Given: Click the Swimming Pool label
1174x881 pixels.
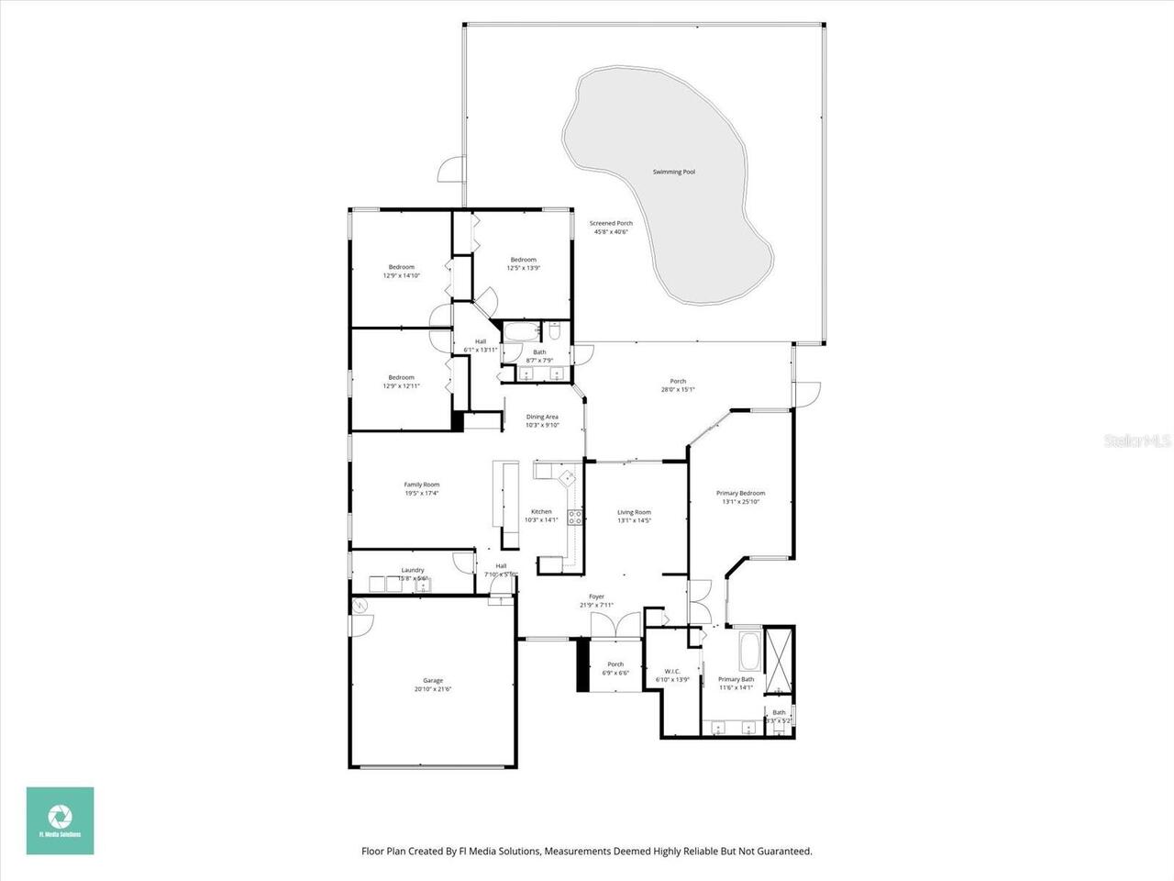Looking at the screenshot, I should point(673,172).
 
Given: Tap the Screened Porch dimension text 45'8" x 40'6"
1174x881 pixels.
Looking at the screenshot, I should point(611,232).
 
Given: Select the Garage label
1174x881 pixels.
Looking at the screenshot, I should point(432,680).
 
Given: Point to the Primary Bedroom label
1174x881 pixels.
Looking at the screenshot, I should point(740,493).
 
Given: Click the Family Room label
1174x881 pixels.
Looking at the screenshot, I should point(422,485).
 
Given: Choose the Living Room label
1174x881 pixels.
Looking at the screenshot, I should point(634,512).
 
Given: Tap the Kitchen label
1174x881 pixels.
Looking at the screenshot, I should point(541,511).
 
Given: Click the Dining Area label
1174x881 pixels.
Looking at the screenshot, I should point(542,417).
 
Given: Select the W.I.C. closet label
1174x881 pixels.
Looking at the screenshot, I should point(671,671).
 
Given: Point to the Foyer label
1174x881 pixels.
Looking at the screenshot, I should point(596,597).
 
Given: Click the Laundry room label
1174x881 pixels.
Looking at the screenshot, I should point(412,570).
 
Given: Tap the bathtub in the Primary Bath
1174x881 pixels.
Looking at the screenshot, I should point(748,651).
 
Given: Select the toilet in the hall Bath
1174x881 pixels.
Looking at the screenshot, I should point(554,331).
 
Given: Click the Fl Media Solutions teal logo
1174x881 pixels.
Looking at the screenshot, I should point(61,820).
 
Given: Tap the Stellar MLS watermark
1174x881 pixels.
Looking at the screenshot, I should point(1137,441).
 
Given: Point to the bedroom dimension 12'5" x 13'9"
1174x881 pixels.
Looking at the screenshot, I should point(523,269).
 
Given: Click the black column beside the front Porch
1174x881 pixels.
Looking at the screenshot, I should point(581,665).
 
